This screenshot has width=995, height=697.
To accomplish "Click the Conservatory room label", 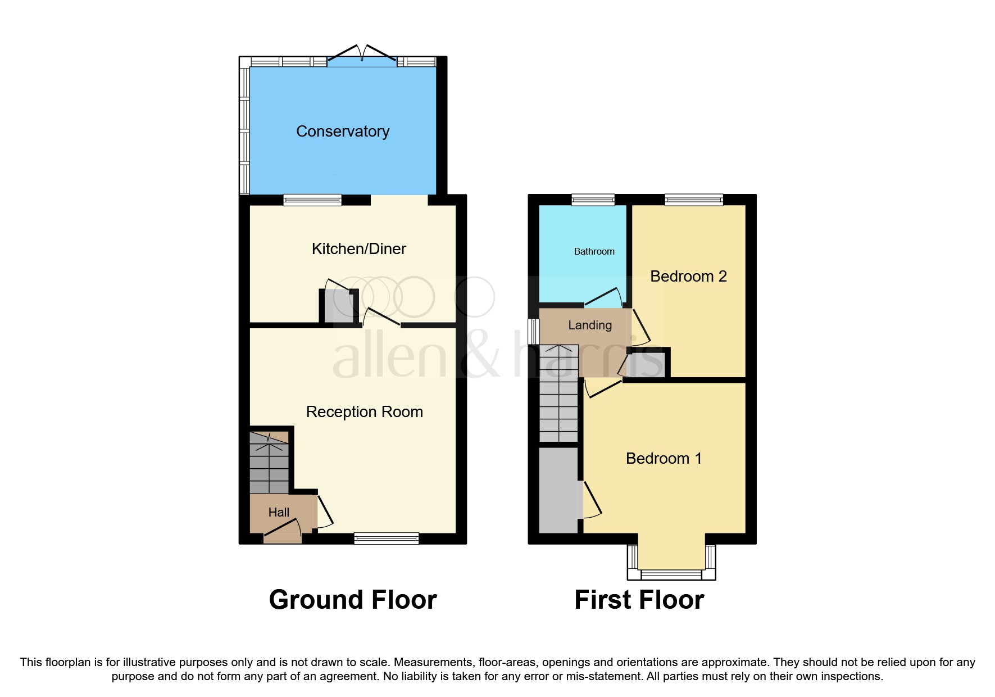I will click(343, 132).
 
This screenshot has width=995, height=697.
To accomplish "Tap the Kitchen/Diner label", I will click(358, 249).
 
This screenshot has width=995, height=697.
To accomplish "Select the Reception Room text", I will click(364, 412).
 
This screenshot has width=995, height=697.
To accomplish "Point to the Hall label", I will click(279, 513).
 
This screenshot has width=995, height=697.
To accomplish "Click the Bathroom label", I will click(594, 252).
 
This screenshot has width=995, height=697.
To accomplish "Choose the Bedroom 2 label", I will click(688, 277).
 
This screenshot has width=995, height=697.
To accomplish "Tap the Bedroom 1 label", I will click(664, 459).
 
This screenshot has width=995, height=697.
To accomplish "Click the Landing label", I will click(590, 325).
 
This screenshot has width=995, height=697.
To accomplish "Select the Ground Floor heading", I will click(353, 600).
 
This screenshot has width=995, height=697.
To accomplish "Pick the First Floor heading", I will click(639, 600).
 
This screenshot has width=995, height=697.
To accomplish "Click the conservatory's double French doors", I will click(362, 57).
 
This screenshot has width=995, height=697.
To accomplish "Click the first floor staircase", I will click(558, 393).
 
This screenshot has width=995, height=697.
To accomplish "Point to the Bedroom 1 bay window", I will click(671, 574).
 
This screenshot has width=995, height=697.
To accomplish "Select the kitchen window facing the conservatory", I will click(312, 200).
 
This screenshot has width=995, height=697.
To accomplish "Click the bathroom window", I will click(593, 200).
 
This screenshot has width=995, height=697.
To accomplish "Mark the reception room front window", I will click(387, 538).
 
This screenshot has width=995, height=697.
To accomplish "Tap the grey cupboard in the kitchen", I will click(338, 306).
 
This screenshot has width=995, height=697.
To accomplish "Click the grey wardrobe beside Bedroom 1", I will click(558, 489).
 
